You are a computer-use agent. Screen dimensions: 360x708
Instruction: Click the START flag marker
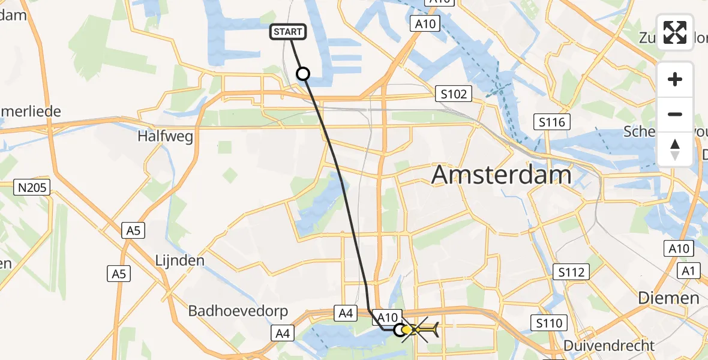point(289,32)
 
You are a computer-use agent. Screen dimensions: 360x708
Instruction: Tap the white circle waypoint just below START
point(304,74)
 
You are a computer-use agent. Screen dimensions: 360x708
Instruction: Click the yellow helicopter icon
point(420,329)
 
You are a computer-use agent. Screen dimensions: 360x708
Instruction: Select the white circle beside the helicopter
point(400,329)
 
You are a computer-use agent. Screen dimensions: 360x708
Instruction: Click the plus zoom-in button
point(675,79)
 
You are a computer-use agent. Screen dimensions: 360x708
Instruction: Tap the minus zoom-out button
point(675,114)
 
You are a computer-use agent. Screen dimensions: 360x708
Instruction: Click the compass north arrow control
point(675,149)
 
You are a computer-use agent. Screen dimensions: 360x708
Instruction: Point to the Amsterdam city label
point(501,175)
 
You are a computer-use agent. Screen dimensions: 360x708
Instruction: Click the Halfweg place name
point(165,137)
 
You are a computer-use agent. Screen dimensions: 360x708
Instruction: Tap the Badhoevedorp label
point(238,311)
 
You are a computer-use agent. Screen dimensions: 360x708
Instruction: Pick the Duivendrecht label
point(610,346)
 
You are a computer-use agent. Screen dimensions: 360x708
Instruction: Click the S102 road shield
point(454,94)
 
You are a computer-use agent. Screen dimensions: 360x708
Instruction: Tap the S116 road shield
point(550,123)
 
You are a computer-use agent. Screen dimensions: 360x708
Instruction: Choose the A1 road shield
point(688,272)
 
